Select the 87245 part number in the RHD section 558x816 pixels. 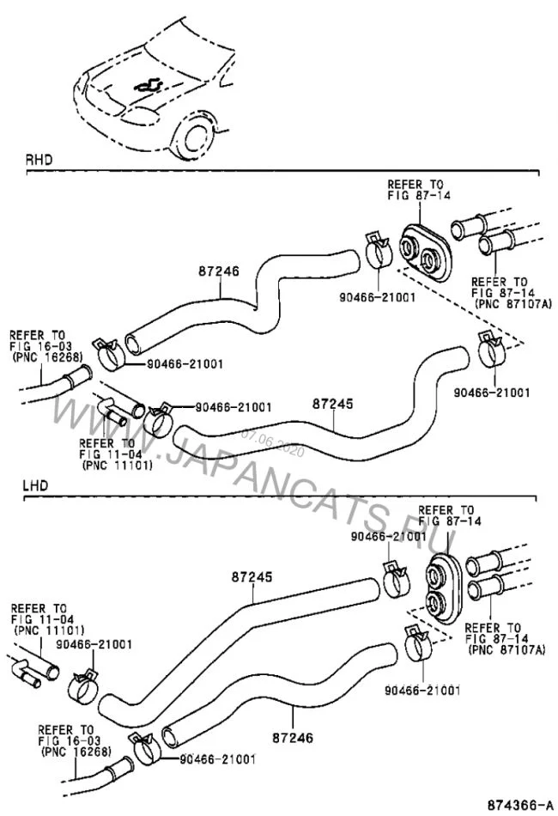(x=332, y=402)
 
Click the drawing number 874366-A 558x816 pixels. (x=518, y=805)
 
